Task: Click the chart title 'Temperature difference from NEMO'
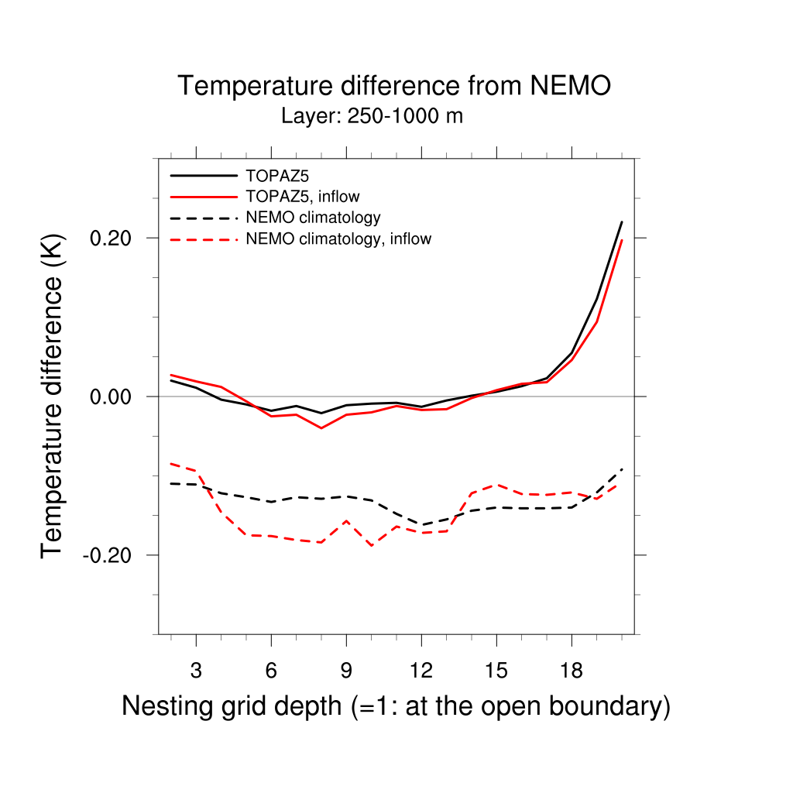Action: [394, 86]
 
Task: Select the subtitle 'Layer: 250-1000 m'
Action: [372, 117]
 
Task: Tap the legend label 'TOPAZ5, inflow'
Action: [302, 196]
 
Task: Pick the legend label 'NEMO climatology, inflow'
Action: [338, 239]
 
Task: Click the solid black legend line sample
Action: [203, 175]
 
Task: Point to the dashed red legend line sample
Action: [203, 239]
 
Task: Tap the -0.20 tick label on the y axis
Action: [113, 555]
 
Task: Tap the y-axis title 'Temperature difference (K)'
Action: [52, 396]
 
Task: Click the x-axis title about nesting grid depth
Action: [396, 706]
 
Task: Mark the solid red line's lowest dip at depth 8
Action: [321, 428]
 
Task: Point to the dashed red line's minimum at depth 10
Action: [372, 545]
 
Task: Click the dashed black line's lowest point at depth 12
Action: [421, 524]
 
